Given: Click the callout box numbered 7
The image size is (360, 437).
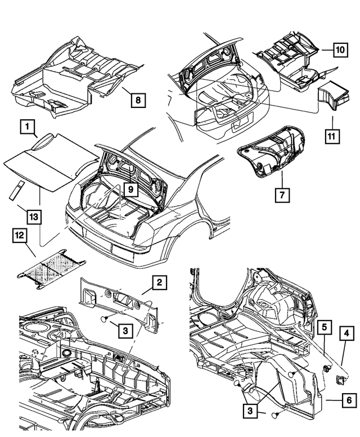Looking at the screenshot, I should point(280,196).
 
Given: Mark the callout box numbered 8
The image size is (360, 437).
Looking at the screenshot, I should point(137,101).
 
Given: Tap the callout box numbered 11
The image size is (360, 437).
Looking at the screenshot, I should point(335,135).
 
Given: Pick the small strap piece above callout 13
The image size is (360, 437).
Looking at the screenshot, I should point(17,190).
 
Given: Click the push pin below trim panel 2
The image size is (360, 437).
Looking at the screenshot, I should point(105,318).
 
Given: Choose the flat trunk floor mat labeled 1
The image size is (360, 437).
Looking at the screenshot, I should point(51,163).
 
